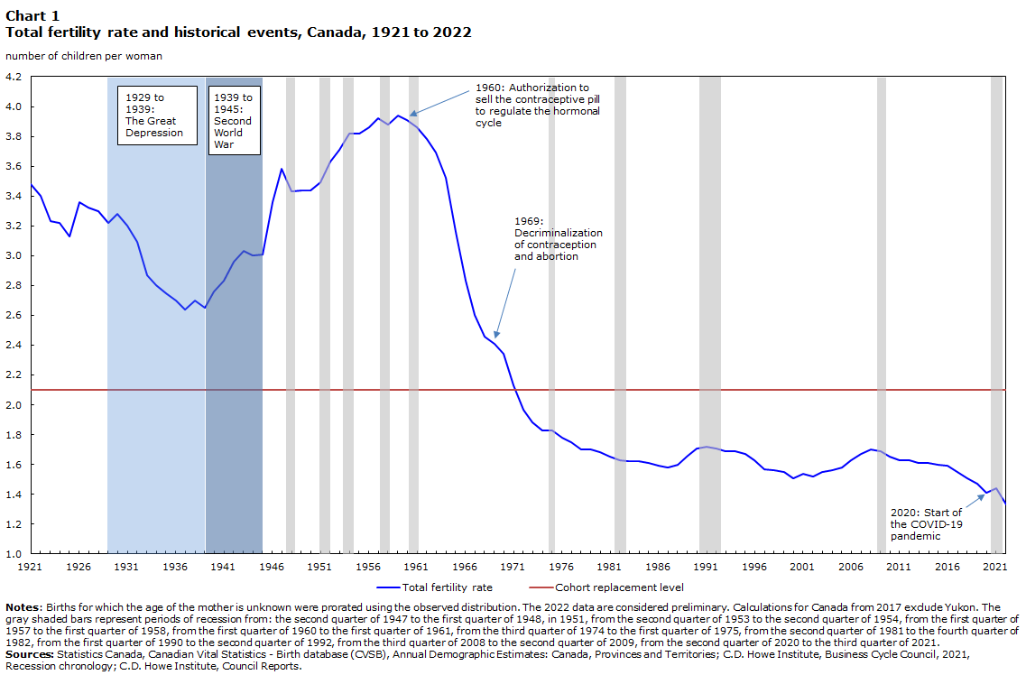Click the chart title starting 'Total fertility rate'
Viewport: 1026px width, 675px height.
coord(238,32)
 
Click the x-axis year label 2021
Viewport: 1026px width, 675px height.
coord(995,567)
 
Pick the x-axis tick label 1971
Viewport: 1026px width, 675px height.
coord(513,567)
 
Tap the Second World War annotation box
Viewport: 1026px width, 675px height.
coord(233,120)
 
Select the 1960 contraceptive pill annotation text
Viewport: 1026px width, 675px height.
coord(538,106)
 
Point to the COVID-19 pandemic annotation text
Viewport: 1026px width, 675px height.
coord(926,524)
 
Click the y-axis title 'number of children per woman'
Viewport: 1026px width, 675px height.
coord(85,56)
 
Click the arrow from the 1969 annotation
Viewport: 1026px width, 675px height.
coord(504,302)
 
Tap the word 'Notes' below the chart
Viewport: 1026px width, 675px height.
coord(22,607)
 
